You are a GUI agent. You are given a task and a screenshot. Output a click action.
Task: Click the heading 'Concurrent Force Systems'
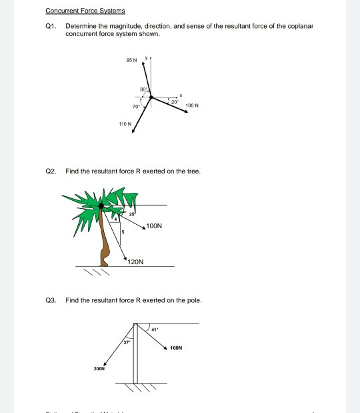(x=85, y=11)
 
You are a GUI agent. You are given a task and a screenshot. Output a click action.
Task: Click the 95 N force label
(x=131, y=63)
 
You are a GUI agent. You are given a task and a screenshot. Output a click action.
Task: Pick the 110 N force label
(x=125, y=123)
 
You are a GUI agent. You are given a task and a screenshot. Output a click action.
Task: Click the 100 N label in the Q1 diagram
(x=193, y=105)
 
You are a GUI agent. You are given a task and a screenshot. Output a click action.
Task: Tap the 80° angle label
(x=143, y=89)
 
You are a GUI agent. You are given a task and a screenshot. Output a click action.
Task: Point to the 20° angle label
(x=174, y=101)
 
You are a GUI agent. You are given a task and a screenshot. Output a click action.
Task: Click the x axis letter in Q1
(x=181, y=93)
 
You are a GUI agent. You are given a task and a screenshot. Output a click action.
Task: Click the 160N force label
(x=177, y=348)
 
